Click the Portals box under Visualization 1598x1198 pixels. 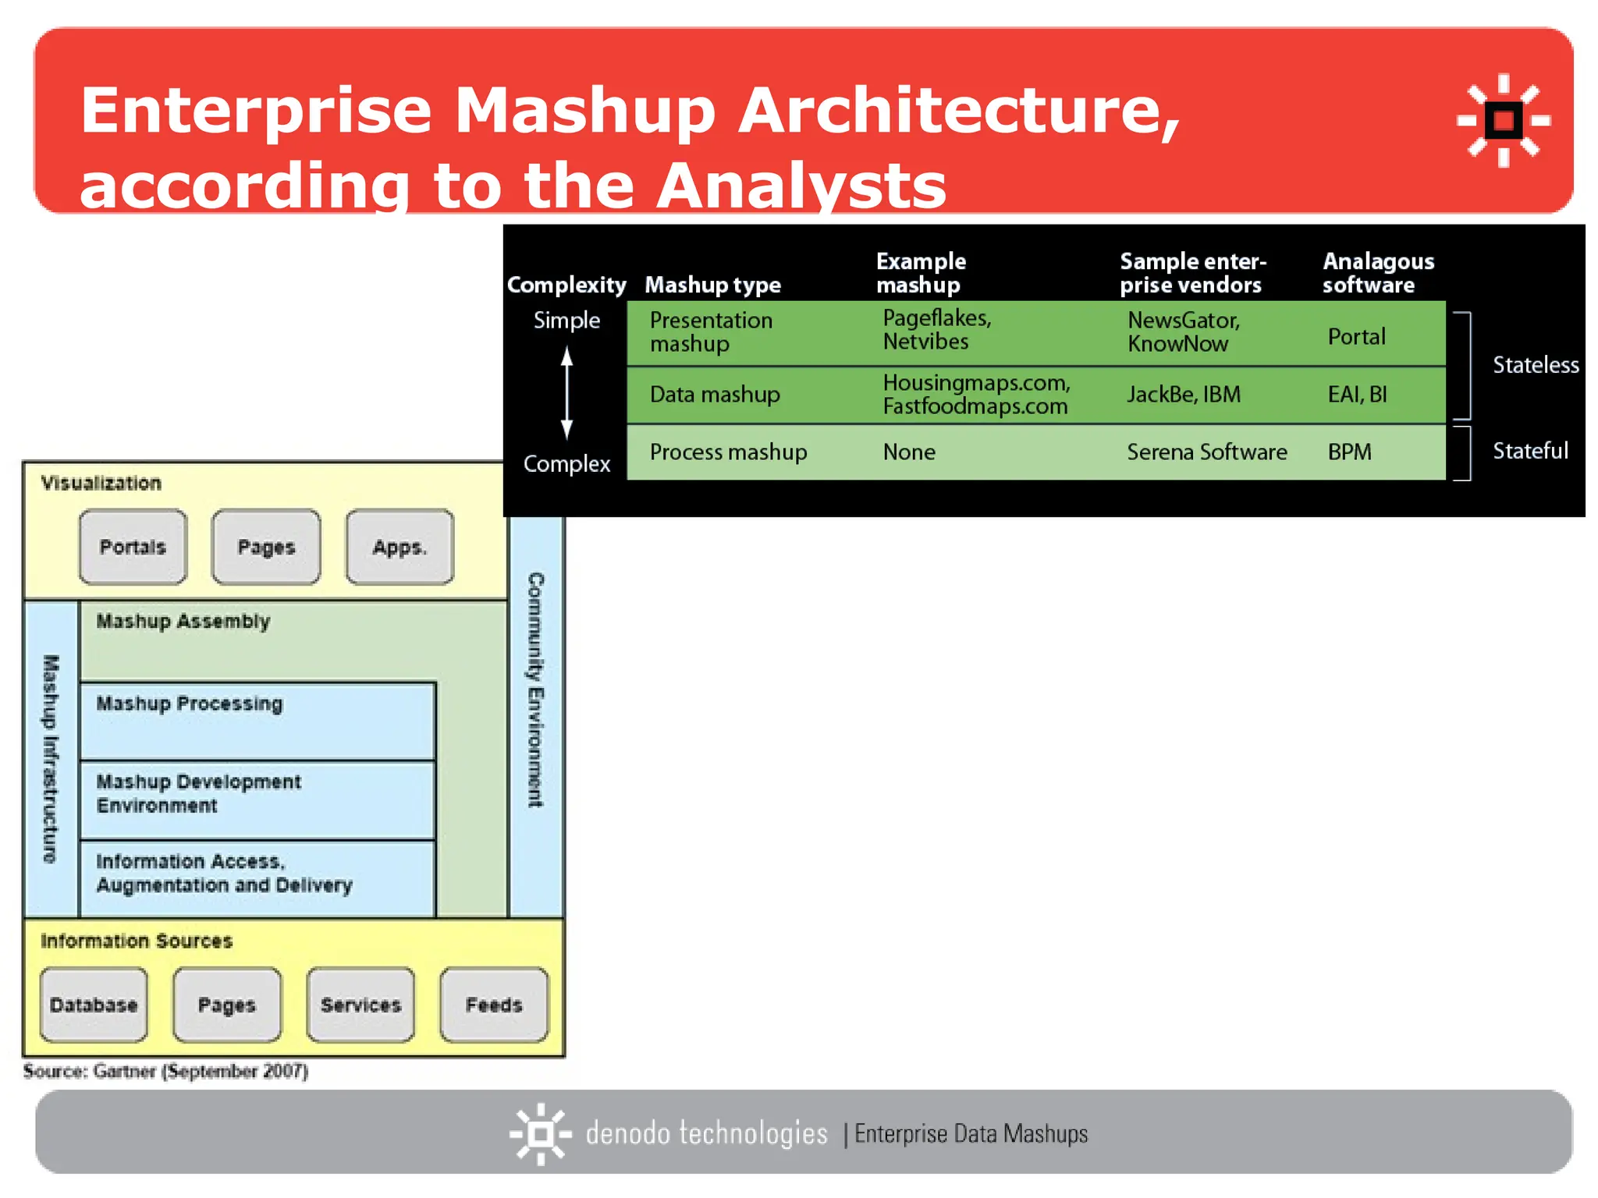tap(133, 547)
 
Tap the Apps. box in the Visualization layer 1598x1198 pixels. tap(399, 547)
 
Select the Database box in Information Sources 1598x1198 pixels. tap(94, 1005)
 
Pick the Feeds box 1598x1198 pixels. tap(494, 1005)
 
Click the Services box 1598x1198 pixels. tap(360, 1005)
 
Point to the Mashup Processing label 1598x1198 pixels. tap(190, 704)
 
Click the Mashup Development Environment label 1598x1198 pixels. tap(198, 793)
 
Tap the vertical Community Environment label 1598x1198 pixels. tap(535, 689)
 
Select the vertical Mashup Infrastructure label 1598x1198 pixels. tap(51, 758)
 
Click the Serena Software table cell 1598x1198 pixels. tap(1206, 452)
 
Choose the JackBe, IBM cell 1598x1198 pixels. tap(1183, 395)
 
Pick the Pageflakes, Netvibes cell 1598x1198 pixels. tap(936, 330)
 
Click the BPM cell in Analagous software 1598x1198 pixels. tap(1349, 452)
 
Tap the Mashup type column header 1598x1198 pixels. tap(712, 285)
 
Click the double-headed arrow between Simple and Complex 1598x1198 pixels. tap(567, 392)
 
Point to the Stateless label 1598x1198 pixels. tap(1535, 365)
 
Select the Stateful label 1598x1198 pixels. tap(1529, 451)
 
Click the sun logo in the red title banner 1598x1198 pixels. tap(1503, 120)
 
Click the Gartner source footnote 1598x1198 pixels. tap(165, 1071)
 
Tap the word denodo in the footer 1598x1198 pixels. tap(627, 1133)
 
